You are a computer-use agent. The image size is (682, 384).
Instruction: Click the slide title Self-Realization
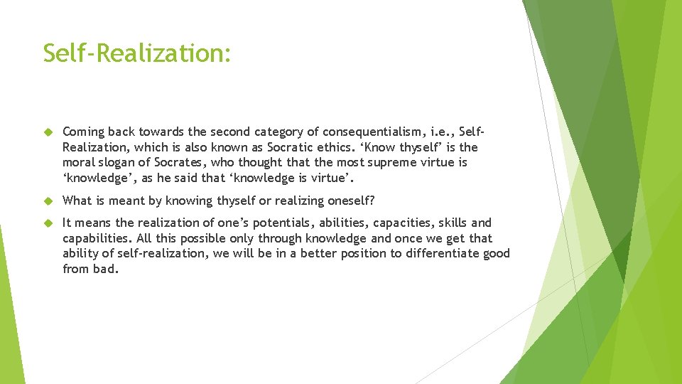pyautogui.click(x=136, y=53)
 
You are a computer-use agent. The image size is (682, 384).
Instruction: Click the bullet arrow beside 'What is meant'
pyautogui.click(x=49, y=201)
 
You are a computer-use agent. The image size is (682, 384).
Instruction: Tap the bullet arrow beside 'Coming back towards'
pyautogui.click(x=49, y=132)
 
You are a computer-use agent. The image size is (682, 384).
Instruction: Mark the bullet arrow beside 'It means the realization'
pyautogui.click(x=49, y=223)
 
